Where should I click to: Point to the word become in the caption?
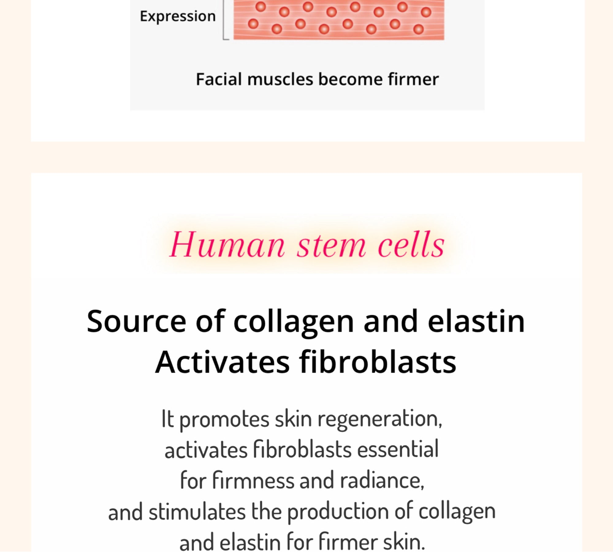point(350,79)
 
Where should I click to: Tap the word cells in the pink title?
point(411,244)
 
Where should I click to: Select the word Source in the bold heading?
point(136,321)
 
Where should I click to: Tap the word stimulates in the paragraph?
point(197,512)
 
